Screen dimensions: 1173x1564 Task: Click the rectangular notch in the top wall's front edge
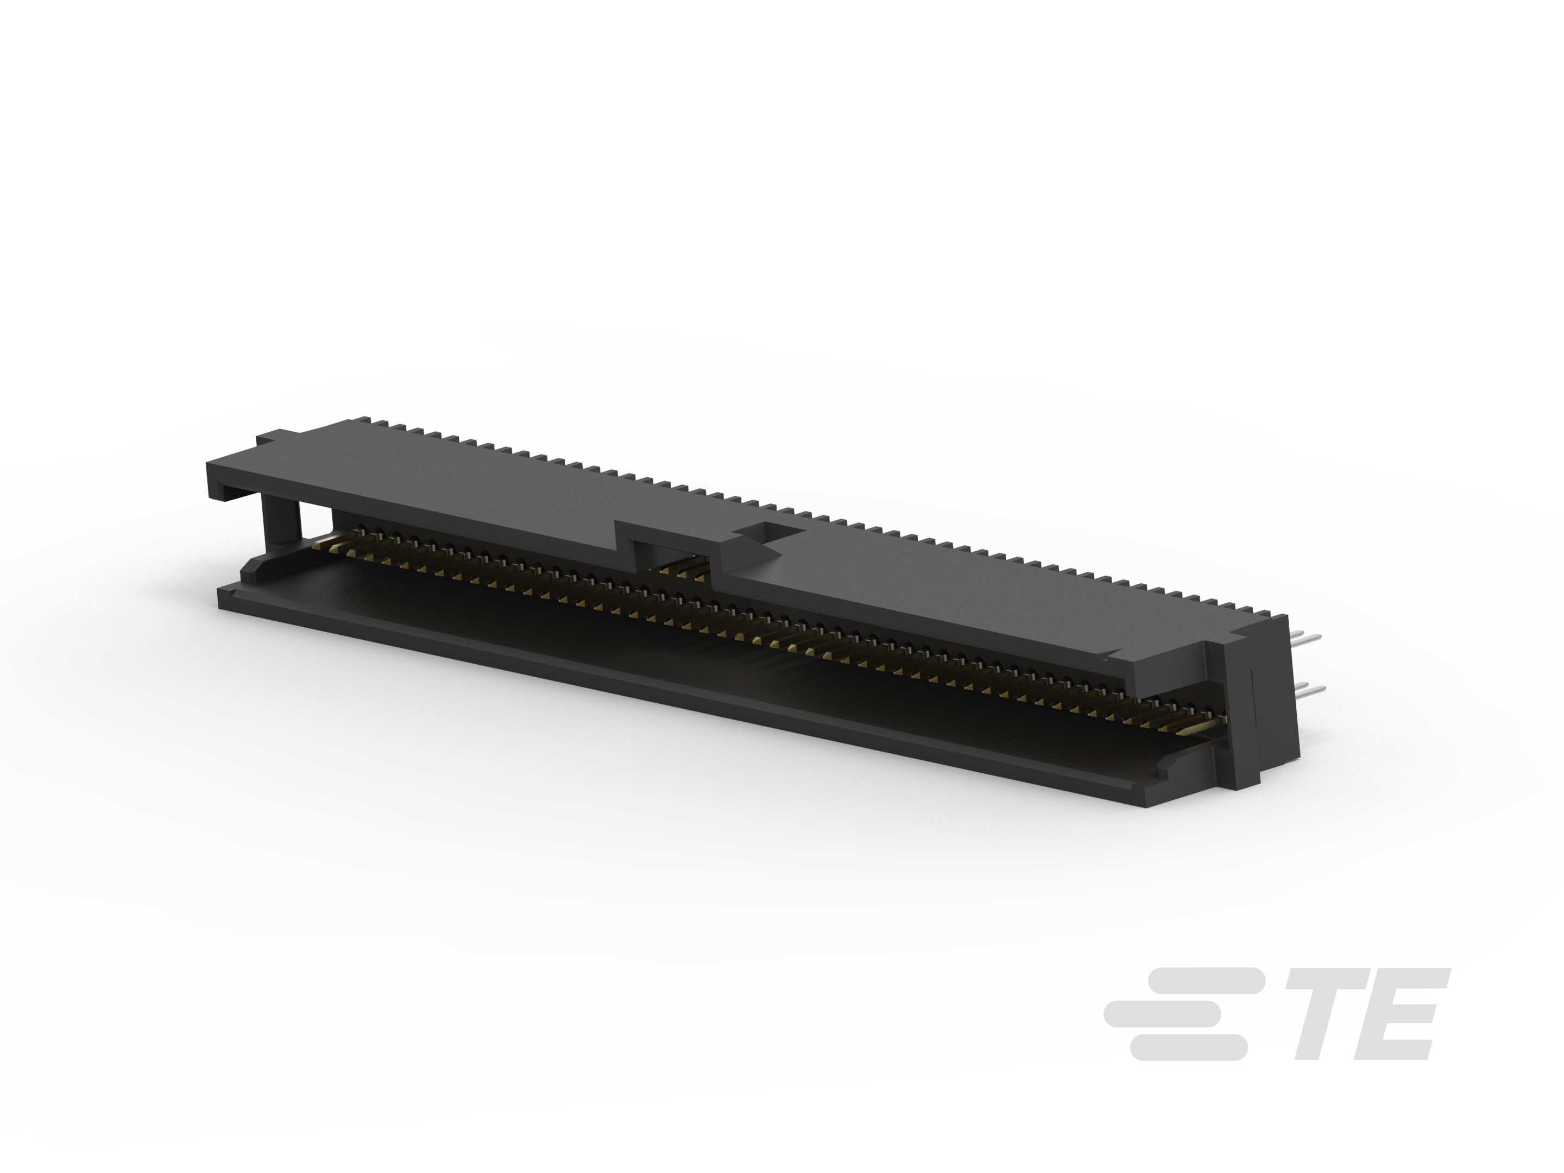click(x=665, y=550)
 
